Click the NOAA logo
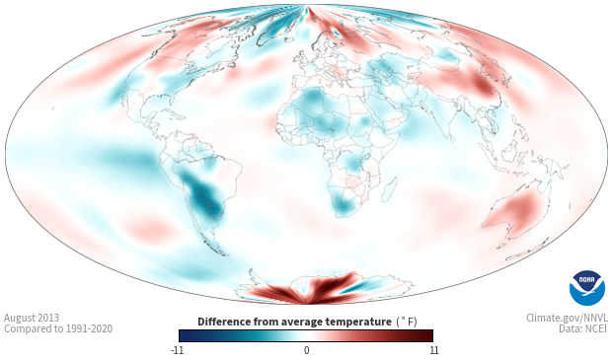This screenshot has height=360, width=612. (587, 288)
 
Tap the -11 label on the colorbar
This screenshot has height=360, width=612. (178, 350)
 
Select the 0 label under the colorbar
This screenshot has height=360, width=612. (306, 350)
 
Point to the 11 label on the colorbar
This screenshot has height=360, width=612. (433, 350)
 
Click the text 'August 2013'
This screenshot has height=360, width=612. (32, 318)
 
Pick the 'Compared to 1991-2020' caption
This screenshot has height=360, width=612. (58, 328)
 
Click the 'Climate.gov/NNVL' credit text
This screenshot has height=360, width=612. (568, 318)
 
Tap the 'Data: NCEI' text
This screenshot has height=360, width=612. (583, 328)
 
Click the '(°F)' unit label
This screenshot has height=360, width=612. (407, 323)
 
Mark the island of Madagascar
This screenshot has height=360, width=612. (389, 189)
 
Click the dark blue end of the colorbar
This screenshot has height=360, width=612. (186, 335)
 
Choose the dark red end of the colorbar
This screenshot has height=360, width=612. (426, 335)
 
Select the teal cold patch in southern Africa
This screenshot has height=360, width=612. (343, 205)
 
